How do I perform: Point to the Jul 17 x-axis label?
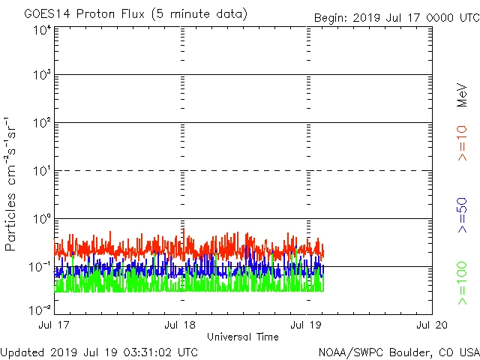[56, 325]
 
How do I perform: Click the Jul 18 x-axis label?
[181, 325]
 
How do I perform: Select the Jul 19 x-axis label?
[307, 325]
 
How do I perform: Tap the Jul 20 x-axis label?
[431, 325]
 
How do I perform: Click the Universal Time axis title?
[243, 337]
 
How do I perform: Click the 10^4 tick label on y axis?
[41, 31]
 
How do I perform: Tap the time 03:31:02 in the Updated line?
[142, 351]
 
